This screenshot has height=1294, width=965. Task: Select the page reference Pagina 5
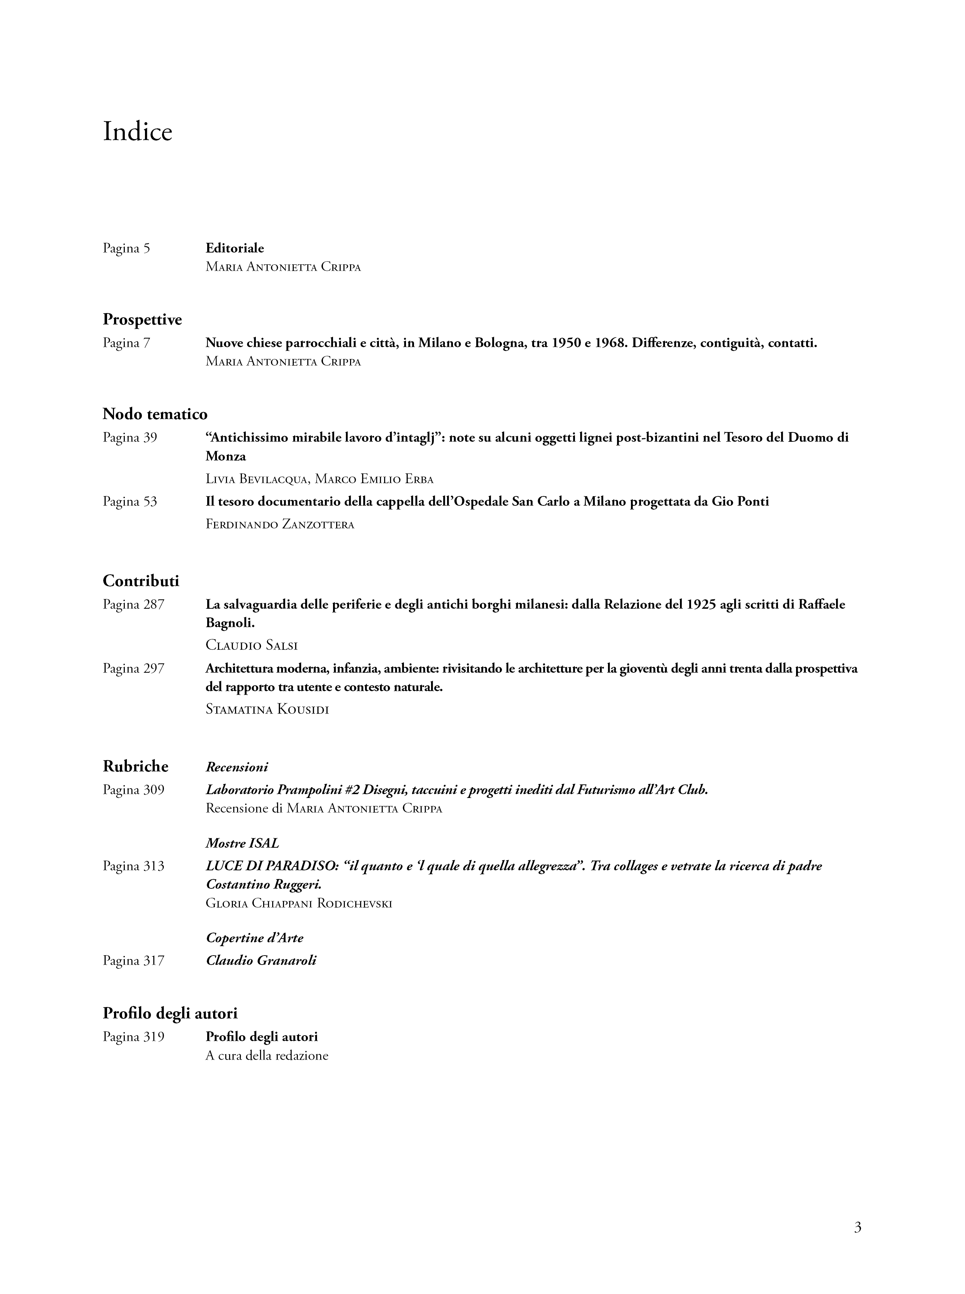click(x=126, y=248)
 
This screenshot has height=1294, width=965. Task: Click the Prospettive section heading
click(x=142, y=320)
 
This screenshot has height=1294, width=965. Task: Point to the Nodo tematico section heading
click(x=155, y=414)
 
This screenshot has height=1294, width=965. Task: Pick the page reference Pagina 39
click(x=130, y=438)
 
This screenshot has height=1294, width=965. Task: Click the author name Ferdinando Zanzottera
click(x=280, y=524)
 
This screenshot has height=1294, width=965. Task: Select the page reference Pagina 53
click(x=130, y=502)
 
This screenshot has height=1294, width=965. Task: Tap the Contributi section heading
click(x=141, y=581)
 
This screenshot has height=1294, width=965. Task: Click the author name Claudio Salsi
click(x=252, y=645)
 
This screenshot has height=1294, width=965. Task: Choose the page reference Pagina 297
click(x=133, y=668)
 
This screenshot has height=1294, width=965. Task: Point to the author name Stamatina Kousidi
click(x=267, y=710)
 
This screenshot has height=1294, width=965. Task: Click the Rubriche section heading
click(x=136, y=766)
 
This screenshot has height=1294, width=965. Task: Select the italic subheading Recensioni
click(x=237, y=767)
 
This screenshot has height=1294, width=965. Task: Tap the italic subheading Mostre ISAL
click(x=242, y=844)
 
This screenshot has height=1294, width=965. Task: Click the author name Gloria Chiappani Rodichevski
click(x=299, y=904)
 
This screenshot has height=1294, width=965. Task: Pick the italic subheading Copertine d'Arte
click(x=255, y=938)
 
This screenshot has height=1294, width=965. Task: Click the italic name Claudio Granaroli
click(x=260, y=961)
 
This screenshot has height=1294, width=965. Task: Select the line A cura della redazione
click(x=267, y=1055)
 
